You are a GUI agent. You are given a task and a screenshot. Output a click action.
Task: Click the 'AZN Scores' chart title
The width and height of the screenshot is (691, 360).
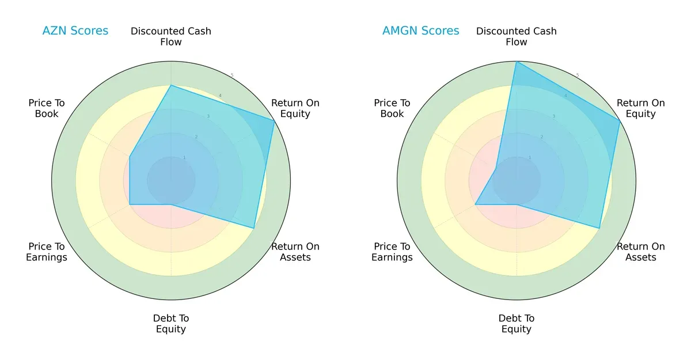click(x=75, y=31)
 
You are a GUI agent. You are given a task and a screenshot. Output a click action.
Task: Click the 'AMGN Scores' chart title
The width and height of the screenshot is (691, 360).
click(x=420, y=31)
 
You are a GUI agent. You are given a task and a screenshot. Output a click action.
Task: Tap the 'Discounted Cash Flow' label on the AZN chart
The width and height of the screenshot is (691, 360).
click(x=171, y=36)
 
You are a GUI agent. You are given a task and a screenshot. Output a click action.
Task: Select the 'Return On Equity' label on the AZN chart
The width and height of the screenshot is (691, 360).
click(x=295, y=108)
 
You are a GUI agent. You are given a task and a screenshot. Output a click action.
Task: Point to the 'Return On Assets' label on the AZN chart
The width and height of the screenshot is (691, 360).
click(x=295, y=252)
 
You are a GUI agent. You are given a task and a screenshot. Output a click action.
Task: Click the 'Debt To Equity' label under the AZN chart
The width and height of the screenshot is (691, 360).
click(x=171, y=324)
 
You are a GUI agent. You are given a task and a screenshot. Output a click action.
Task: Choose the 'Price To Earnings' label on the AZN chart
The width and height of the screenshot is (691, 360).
click(x=47, y=252)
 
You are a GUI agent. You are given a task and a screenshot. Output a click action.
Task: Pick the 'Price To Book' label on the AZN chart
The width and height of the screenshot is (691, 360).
click(x=47, y=108)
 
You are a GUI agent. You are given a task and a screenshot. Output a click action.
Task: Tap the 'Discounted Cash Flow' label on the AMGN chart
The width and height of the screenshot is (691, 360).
click(x=517, y=36)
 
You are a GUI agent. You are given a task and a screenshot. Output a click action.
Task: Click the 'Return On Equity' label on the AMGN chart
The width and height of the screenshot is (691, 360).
click(x=640, y=108)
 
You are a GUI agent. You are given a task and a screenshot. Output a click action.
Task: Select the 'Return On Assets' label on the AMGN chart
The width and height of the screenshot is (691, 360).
click(x=640, y=252)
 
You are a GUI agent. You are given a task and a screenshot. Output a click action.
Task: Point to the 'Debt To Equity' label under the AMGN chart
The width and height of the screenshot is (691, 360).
click(x=517, y=324)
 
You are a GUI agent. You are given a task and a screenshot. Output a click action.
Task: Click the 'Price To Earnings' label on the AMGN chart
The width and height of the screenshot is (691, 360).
click(x=392, y=252)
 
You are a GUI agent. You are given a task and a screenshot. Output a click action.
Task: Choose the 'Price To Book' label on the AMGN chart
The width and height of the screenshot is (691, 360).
click(x=392, y=108)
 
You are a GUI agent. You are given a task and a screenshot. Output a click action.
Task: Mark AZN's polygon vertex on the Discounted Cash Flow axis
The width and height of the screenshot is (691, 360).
click(x=171, y=85)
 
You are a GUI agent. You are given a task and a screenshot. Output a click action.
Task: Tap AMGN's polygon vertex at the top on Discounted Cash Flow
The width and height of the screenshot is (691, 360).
click(x=517, y=62)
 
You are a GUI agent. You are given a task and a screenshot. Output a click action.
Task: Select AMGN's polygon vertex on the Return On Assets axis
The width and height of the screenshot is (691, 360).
click(x=599, y=228)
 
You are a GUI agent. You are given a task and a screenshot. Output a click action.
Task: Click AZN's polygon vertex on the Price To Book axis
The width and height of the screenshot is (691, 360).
click(x=130, y=156)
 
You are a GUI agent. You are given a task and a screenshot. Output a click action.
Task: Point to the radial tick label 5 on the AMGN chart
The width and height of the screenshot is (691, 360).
click(x=578, y=75)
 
